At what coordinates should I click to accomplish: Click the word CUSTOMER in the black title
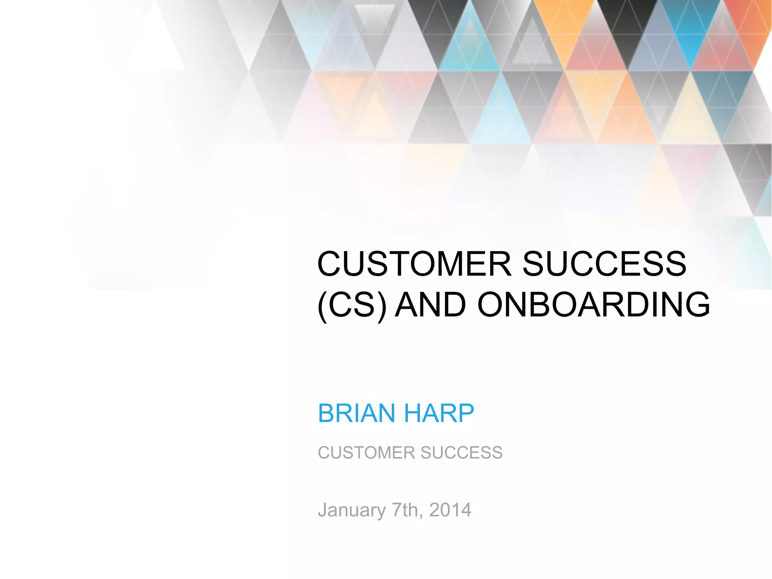414,264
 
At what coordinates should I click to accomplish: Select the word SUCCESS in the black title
604,264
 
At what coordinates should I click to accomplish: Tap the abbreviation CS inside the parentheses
352,305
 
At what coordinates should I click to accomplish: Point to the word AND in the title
432,305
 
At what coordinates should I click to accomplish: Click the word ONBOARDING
593,305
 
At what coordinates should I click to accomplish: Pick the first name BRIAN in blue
356,413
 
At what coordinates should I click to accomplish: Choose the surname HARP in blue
439,413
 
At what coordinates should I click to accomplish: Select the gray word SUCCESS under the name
461,452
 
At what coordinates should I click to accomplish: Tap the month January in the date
351,510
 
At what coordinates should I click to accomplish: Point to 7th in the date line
404,510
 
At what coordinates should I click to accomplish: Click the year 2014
450,510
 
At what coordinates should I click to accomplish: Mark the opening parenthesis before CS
322,305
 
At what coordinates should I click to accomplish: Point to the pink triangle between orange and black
596,53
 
